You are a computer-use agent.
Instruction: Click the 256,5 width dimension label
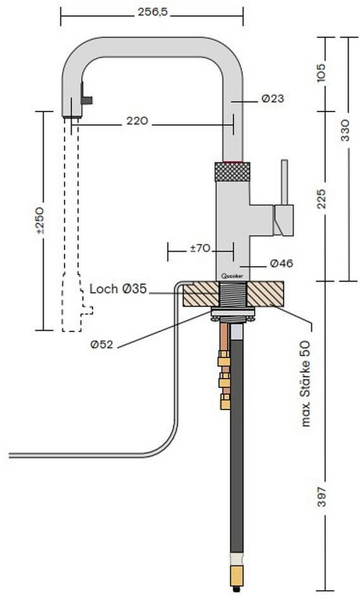pyautogui.click(x=152, y=12)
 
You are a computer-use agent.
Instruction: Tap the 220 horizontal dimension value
pyautogui.click(x=137, y=121)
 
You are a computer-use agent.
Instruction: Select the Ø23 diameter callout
pyautogui.click(x=273, y=98)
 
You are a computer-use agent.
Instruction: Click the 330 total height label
pyautogui.click(x=345, y=130)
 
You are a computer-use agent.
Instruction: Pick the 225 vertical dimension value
pyautogui.click(x=322, y=198)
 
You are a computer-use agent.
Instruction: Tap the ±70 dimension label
pyautogui.click(x=200, y=248)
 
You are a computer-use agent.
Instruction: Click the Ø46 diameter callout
pyautogui.click(x=281, y=263)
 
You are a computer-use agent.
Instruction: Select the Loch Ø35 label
pyautogui.click(x=118, y=289)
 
